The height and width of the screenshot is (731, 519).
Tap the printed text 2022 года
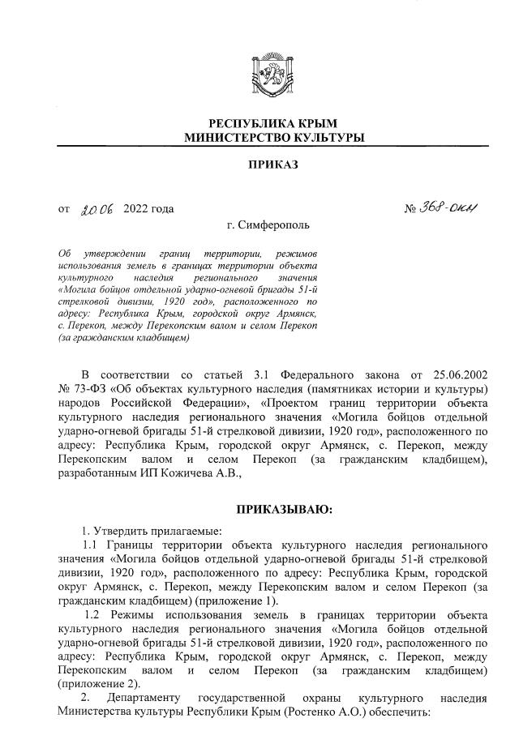[148, 209]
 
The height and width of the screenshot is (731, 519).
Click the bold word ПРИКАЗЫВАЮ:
[284, 510]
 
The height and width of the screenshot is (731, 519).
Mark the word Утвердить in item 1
[119, 530]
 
